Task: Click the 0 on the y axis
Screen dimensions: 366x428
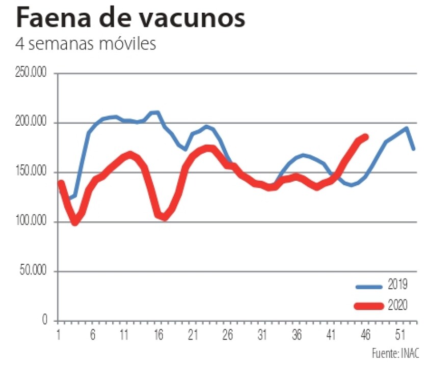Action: coord(45,321)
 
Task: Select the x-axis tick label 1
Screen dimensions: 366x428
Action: coord(59,336)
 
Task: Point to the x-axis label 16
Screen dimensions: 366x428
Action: coord(158,336)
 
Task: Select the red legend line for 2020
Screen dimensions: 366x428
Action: coord(368,306)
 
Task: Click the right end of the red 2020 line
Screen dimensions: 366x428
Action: coord(365,136)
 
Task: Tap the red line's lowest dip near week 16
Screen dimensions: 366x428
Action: coord(164,218)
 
